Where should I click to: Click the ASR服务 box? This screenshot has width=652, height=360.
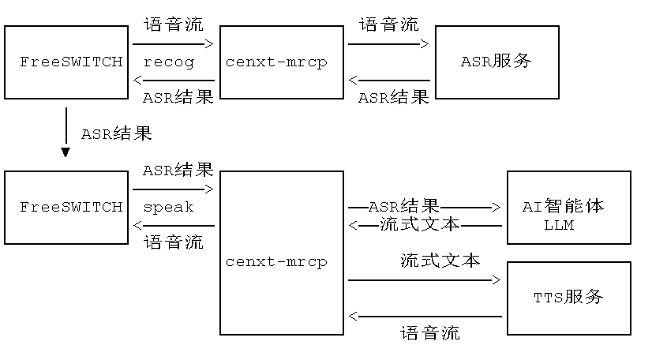[x=497, y=62]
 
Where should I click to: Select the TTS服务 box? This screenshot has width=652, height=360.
[x=568, y=298]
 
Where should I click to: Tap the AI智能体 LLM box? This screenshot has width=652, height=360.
[x=568, y=207]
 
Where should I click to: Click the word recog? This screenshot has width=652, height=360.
[x=168, y=62]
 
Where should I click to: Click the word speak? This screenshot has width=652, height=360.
[x=168, y=207]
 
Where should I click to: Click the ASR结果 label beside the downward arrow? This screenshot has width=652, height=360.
[x=116, y=133]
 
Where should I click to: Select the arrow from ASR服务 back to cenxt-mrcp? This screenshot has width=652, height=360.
[x=390, y=81]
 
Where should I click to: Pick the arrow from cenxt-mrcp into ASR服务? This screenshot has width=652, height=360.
[x=388, y=44]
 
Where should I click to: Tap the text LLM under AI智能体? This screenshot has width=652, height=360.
[x=558, y=225]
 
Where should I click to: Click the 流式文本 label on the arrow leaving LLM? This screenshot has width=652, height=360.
[x=419, y=225]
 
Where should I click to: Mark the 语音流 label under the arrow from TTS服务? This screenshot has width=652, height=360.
[x=430, y=332]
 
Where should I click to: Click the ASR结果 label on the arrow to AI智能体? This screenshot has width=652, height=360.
[x=404, y=208]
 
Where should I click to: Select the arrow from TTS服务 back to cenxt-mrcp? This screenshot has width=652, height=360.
[x=425, y=317]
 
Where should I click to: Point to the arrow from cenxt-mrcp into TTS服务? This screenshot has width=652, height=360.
[x=425, y=279]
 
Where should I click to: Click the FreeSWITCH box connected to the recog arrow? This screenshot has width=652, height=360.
[x=66, y=62]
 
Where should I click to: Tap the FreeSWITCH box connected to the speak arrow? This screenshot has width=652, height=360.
[x=66, y=207]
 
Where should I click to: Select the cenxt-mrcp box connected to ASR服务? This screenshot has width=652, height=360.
[x=281, y=62]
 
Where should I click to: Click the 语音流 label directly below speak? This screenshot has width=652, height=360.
[x=174, y=242]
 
